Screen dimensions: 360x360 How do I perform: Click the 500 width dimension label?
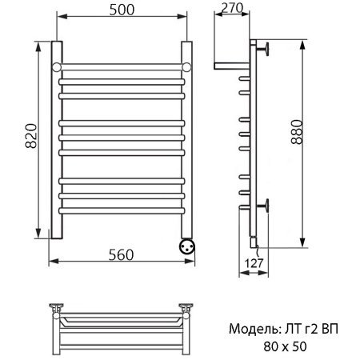pyautogui.click(x=122, y=10)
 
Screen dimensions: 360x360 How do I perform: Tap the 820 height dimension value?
pyautogui.click(x=31, y=136)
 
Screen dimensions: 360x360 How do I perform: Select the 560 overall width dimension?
pyautogui.click(x=121, y=254)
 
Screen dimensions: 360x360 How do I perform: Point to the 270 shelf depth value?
pyautogui.click(x=232, y=8)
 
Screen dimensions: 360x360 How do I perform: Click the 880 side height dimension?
pyautogui.click(x=297, y=132)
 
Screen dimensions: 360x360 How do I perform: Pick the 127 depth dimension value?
pyautogui.click(x=254, y=263)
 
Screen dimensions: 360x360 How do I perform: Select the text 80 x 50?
pyautogui.click(x=285, y=346)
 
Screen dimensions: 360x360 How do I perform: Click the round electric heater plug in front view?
pyautogui.click(x=187, y=246)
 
